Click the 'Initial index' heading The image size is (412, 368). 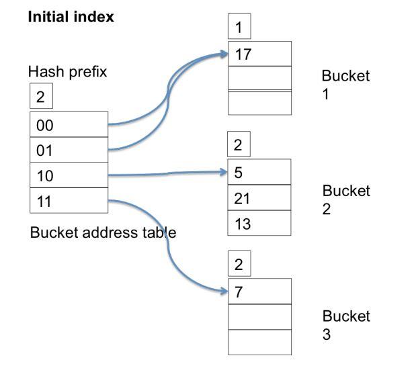click(71, 17)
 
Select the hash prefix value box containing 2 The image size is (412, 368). click(40, 97)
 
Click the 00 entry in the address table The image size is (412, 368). click(68, 125)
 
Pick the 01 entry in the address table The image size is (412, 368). click(68, 150)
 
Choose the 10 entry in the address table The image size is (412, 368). click(68, 175)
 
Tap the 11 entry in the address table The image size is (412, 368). click(68, 200)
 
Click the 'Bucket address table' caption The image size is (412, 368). click(103, 233)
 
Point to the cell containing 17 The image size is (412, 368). click(260, 54)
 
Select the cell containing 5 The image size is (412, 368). click(260, 173)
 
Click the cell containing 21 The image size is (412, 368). click(260, 198)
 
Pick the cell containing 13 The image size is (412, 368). click(260, 224)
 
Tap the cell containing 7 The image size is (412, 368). click(260, 291)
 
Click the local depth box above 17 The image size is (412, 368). click(239, 28)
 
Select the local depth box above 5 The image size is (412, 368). click(239, 144)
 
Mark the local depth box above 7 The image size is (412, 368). click(239, 264)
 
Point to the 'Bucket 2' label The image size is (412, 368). click(345, 200)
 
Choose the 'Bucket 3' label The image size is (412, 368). click(345, 324)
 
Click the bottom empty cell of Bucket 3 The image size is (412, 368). click(260, 342)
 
